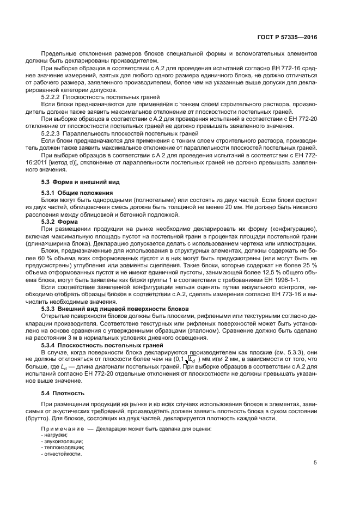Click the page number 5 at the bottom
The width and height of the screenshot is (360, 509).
[x=315, y=463]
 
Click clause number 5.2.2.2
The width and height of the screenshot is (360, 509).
[x=51, y=96]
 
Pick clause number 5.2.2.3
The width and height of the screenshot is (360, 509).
[x=51, y=132]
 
